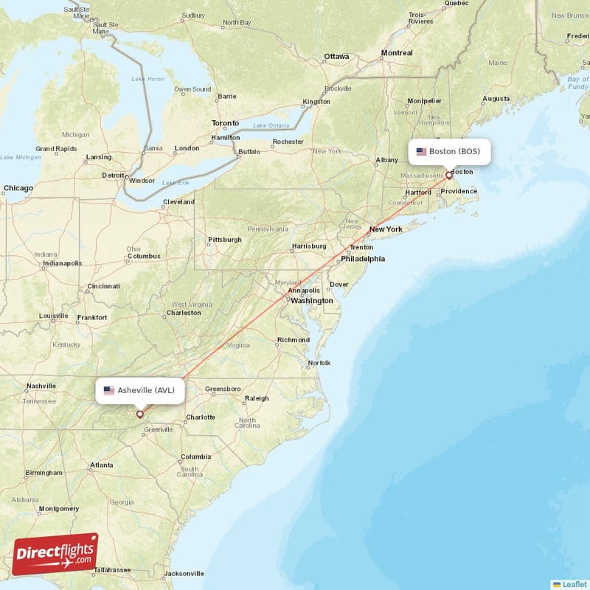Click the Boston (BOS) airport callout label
coord(449,152)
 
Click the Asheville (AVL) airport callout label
coord(139,391)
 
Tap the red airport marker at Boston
coord(448,176)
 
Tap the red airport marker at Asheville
coord(139,414)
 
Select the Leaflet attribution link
coord(574,584)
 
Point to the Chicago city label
coord(18,188)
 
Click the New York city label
coord(386,229)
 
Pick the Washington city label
coord(311,301)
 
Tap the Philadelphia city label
coord(362,259)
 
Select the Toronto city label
coord(225,123)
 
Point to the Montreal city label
coord(397,53)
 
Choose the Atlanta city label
coord(101,465)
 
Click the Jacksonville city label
coord(184,573)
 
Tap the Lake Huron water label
coord(147,79)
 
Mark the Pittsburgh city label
coord(225,240)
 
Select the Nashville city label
coord(41,386)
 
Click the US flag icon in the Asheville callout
coord(109,391)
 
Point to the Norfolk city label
coord(319,363)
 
